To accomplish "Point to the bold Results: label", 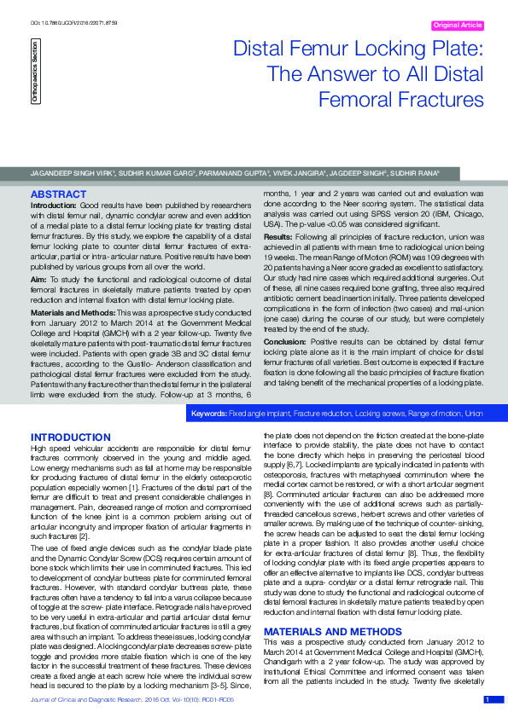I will coord(278,235).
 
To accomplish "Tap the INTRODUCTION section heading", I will coord(70,437).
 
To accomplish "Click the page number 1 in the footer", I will coord(487,700).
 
